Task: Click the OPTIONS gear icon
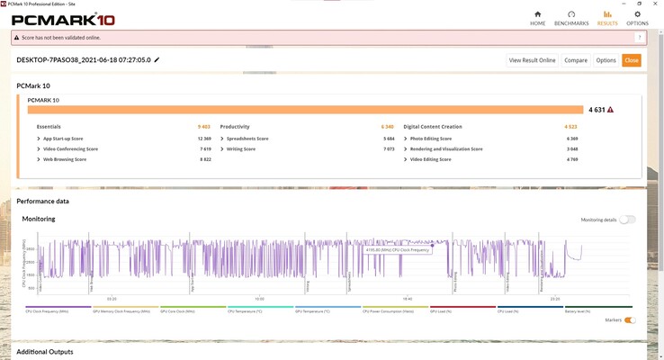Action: [637, 14]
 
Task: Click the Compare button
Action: [576, 60]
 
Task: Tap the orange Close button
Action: [632, 60]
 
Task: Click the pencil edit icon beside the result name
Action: [157, 60]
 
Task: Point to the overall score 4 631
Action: [596, 110]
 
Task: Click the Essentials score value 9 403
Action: [203, 127]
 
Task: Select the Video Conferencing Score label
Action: [70, 148]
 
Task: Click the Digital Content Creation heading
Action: [433, 127]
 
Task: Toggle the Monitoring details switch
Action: [627, 220]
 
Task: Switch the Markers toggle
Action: [630, 320]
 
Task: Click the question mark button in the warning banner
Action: [640, 38]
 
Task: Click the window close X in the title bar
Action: [656, 4]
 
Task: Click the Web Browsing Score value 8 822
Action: [205, 159]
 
